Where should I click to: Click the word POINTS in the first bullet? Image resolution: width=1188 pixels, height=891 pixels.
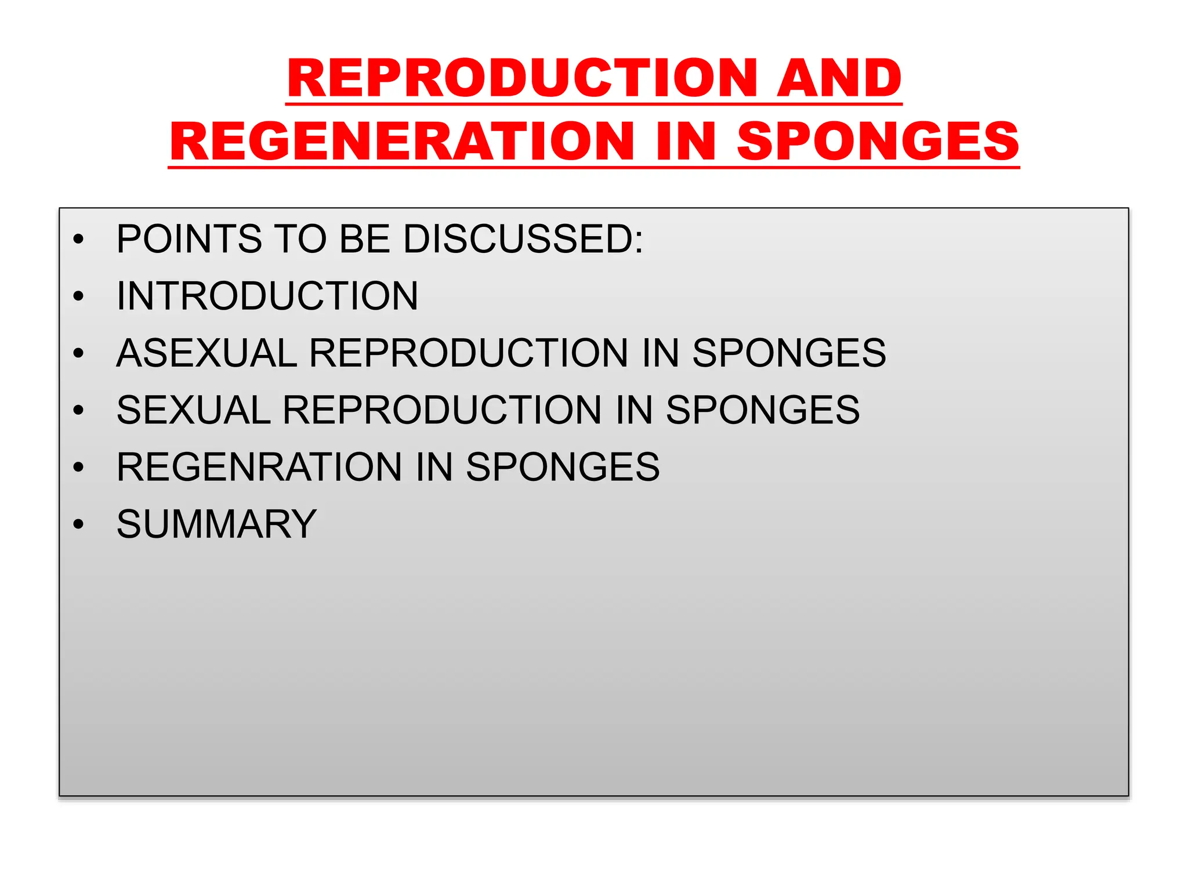point(189,239)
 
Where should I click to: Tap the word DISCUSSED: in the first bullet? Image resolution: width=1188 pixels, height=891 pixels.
point(523,239)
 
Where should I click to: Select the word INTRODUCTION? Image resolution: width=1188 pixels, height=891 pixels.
point(267,296)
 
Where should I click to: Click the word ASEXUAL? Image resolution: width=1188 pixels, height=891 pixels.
point(207,353)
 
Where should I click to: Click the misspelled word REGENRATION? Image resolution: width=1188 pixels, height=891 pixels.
point(259,467)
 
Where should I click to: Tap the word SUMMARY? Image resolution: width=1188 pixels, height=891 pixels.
point(216,524)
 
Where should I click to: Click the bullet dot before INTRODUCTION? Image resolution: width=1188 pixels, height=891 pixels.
point(79,296)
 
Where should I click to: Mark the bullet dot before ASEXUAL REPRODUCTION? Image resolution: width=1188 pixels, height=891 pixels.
point(79,353)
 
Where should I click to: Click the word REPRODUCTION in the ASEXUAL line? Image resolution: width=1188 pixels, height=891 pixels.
point(469,353)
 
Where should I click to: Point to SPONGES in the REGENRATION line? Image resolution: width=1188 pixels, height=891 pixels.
point(563,467)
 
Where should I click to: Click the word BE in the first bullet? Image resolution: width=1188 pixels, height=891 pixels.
point(364,239)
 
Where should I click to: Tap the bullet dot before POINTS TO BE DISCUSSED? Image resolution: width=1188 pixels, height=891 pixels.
point(79,240)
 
